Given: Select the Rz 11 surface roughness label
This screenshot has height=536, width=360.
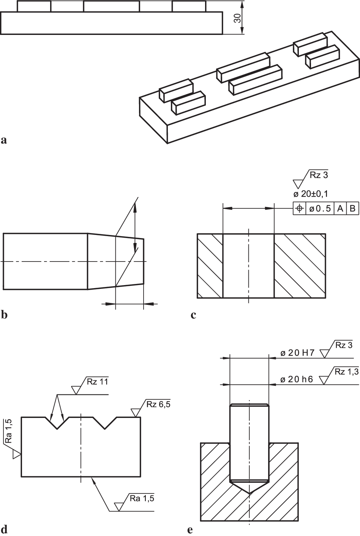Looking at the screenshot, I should click(97, 382).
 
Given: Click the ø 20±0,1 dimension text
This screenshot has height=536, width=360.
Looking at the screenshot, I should click(311, 194).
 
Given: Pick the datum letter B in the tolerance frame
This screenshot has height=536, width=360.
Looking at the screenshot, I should click(352, 208).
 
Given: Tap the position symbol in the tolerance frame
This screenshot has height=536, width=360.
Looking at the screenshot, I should click(299, 208).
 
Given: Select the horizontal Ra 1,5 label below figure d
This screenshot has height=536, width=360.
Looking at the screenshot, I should click(141, 498).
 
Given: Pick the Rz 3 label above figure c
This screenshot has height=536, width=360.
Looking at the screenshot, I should click(318, 175).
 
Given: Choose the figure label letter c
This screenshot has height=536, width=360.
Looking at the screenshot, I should click(193, 315).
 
